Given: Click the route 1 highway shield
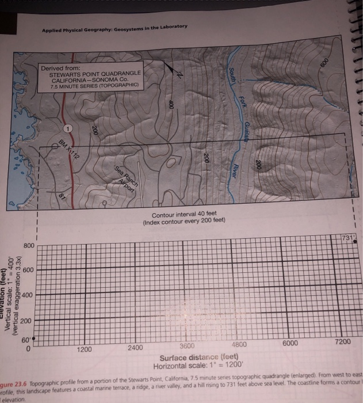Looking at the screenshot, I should click(68, 127).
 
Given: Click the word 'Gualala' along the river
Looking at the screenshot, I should click(246, 132).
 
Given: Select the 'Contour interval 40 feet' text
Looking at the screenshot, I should click(184, 215).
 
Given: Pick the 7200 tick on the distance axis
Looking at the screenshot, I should click(343, 343).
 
